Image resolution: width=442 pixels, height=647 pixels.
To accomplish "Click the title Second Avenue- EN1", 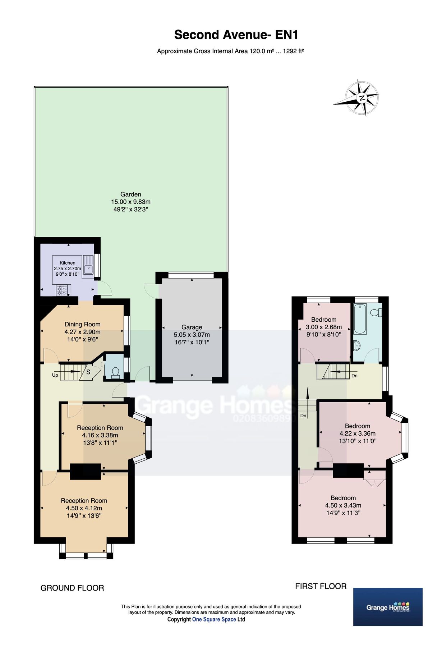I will tap(236, 35).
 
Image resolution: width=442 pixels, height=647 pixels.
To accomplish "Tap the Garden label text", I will tap(130, 194).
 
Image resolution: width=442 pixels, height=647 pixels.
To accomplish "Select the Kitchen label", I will tap(68, 263).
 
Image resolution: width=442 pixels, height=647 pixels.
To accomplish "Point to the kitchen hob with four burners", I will tap(61, 290).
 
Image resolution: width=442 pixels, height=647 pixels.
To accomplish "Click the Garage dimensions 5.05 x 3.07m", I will tap(192, 335).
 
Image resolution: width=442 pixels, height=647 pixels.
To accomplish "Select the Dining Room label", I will tap(82, 324).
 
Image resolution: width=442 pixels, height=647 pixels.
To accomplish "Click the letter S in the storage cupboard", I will tap(88, 372).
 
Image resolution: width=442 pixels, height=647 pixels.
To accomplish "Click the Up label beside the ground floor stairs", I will tap(55, 375).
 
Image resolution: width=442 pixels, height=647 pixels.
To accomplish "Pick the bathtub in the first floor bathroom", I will tap(360, 318).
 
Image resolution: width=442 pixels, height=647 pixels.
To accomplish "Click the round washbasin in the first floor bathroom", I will tap(357, 345).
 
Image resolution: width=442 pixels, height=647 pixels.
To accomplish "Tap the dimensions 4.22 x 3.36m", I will tap(358, 433).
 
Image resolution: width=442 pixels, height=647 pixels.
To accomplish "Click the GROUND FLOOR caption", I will tap(72, 588).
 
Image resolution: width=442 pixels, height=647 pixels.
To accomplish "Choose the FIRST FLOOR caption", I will tap(321, 586).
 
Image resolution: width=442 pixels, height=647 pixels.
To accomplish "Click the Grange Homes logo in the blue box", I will tap(388, 607).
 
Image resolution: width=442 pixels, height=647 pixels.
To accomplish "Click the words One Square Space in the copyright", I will tap(214, 619).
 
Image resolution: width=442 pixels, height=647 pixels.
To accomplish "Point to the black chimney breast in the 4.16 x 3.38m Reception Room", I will tap(85, 471).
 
